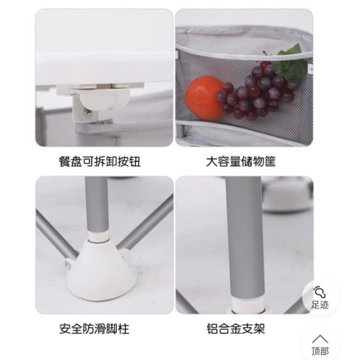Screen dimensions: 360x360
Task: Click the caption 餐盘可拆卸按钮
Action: pyautogui.click(x=99, y=162)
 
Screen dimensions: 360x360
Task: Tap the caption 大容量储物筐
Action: pyautogui.click(x=241, y=162)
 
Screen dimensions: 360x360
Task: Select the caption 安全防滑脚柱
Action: pyautogui.click(x=94, y=328)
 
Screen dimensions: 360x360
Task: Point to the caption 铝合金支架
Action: pyautogui.click(x=236, y=328)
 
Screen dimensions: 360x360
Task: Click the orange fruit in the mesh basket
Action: pyautogui.click(x=205, y=97)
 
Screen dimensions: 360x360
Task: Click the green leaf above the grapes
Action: pyautogui.click(x=290, y=63)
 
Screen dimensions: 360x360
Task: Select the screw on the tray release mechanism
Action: pyautogui.click(x=87, y=112)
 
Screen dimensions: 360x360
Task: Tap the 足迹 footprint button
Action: pyautogui.click(x=320, y=297)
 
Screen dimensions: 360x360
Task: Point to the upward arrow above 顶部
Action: pyautogui.click(x=320, y=339)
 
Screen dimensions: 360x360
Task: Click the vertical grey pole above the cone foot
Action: pyautogui.click(x=97, y=206)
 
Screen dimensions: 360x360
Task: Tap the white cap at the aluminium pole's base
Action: pyautogui.click(x=248, y=305)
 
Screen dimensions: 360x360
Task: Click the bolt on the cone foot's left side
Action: pyautogui.click(x=68, y=265)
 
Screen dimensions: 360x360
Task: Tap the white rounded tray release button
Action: pyautogui.click(x=98, y=98)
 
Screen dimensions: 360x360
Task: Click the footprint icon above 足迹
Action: pyautogui.click(x=320, y=292)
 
